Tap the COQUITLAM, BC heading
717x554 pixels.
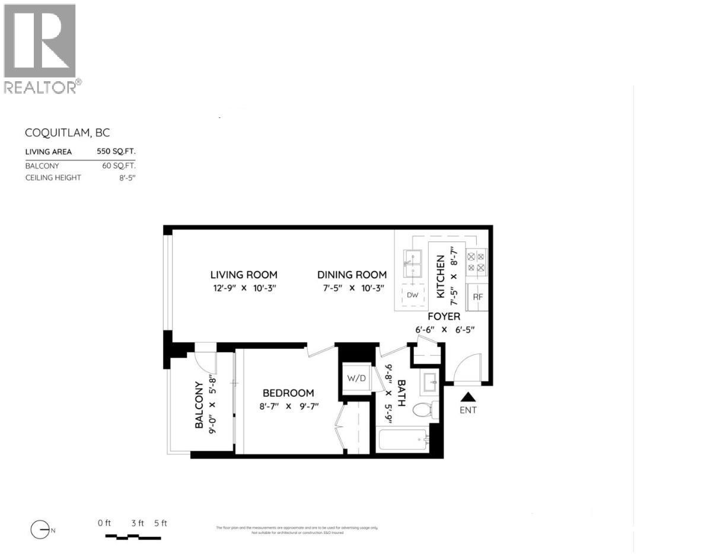68,133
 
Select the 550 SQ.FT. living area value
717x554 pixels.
116,152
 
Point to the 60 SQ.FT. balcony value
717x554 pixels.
119,166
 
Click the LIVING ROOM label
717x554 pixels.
244,275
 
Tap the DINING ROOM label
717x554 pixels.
352,275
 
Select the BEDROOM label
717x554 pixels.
288,393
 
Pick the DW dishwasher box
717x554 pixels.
412,295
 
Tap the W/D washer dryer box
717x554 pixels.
357,378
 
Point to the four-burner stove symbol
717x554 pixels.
476,263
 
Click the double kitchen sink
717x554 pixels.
413,264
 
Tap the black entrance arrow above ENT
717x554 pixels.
469,397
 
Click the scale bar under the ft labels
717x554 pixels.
133,537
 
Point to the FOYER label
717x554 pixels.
444,317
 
